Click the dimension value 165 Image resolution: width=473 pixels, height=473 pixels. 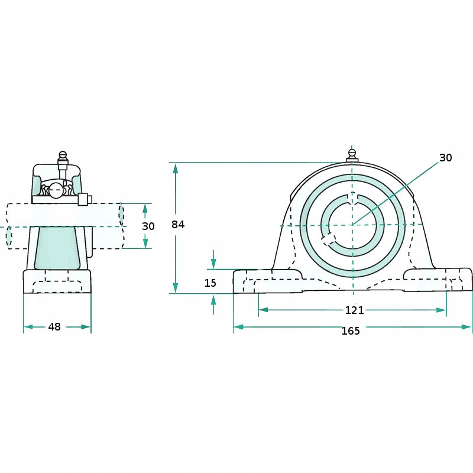[x=351, y=331]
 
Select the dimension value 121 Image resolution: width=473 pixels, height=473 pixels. [x=354, y=310]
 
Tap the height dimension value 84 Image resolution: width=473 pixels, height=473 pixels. [x=178, y=225]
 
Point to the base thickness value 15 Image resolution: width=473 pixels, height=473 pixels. [x=210, y=283]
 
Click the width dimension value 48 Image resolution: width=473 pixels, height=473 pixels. [x=55, y=326]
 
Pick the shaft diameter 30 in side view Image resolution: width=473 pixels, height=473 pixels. [x=148, y=226]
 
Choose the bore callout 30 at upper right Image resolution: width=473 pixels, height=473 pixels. [x=445, y=158]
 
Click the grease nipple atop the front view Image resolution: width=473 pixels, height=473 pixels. [x=352, y=155]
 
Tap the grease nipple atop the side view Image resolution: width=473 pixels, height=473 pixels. [x=63, y=157]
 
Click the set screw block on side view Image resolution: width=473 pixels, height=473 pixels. [x=83, y=200]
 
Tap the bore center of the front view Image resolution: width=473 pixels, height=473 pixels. [x=352, y=225]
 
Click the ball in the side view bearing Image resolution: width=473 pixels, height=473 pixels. [x=56, y=190]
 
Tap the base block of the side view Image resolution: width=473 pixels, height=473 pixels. [x=57, y=281]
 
